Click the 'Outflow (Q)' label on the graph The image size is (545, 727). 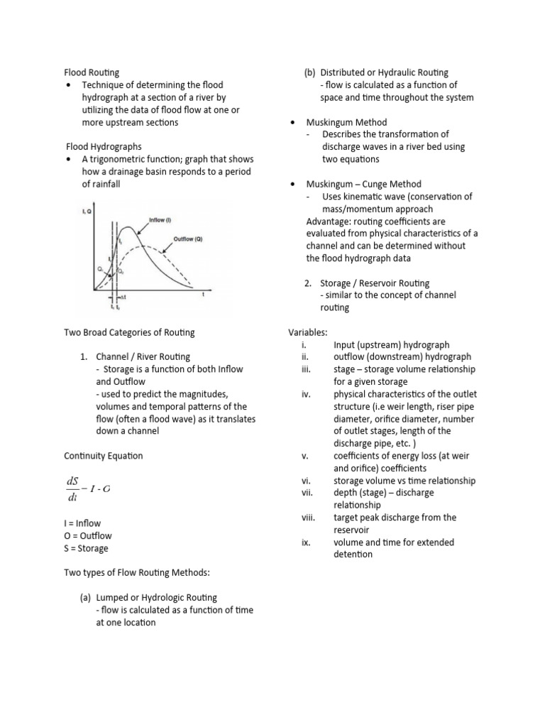point(188,239)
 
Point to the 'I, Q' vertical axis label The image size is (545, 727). point(87,211)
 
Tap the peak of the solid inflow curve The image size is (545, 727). point(127,228)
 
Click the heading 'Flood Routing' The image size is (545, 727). point(92,72)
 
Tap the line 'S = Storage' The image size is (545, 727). point(86,548)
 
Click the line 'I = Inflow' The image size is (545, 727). point(82,523)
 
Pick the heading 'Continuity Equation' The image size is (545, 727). point(103,456)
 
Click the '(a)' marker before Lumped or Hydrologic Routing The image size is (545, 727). point(86,598)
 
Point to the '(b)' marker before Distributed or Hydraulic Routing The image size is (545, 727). point(309,72)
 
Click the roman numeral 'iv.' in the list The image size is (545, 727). point(306,394)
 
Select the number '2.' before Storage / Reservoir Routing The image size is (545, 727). point(309,283)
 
